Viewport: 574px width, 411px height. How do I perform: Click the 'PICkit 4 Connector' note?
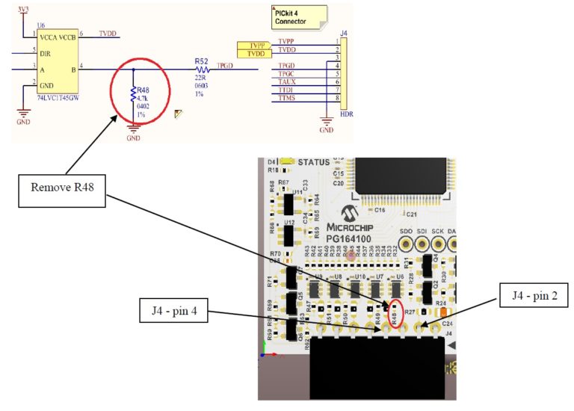click(299, 16)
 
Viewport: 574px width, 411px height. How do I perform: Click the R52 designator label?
click(201, 60)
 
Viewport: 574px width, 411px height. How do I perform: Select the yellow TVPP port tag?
click(255, 46)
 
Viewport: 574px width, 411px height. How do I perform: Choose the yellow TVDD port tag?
click(255, 54)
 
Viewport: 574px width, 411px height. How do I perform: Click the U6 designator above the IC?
click(40, 25)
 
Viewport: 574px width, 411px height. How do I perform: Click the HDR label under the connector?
click(346, 114)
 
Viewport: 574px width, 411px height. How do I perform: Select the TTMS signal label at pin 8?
click(286, 98)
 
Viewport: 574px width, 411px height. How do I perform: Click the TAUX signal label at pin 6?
click(286, 81)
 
